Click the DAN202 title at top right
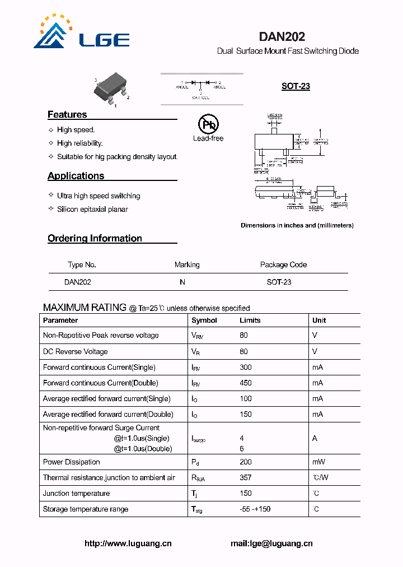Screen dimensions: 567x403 click(282, 37)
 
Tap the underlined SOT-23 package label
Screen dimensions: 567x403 click(296, 86)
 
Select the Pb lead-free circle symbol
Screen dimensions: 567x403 click(208, 124)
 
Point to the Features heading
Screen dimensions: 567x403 click(67, 114)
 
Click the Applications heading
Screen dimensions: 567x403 click(76, 175)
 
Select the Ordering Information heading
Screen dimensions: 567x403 click(95, 238)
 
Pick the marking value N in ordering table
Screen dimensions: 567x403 click(182, 282)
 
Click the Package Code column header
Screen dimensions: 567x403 click(283, 264)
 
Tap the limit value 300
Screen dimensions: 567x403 click(246, 367)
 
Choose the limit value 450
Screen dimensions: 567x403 click(246, 383)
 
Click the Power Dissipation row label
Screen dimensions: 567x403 click(72, 462)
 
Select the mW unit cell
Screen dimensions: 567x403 click(318, 462)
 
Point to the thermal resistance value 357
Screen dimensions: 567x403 click(246, 477)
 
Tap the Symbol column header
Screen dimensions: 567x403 click(204, 320)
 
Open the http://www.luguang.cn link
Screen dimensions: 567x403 click(128, 543)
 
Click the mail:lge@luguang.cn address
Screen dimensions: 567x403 click(271, 543)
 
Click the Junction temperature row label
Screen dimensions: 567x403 click(76, 493)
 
